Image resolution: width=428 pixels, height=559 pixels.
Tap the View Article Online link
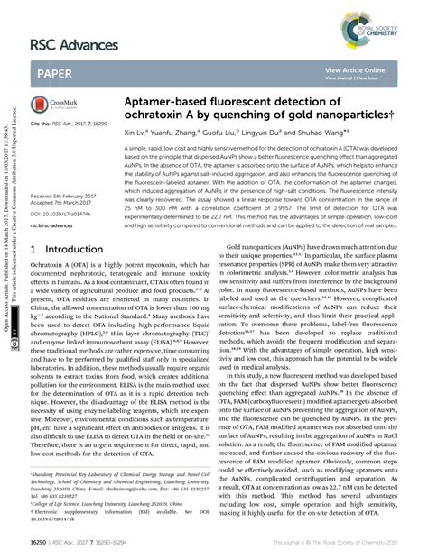pos(354,69)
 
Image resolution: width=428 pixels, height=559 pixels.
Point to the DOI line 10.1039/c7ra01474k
pos(66,213)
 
